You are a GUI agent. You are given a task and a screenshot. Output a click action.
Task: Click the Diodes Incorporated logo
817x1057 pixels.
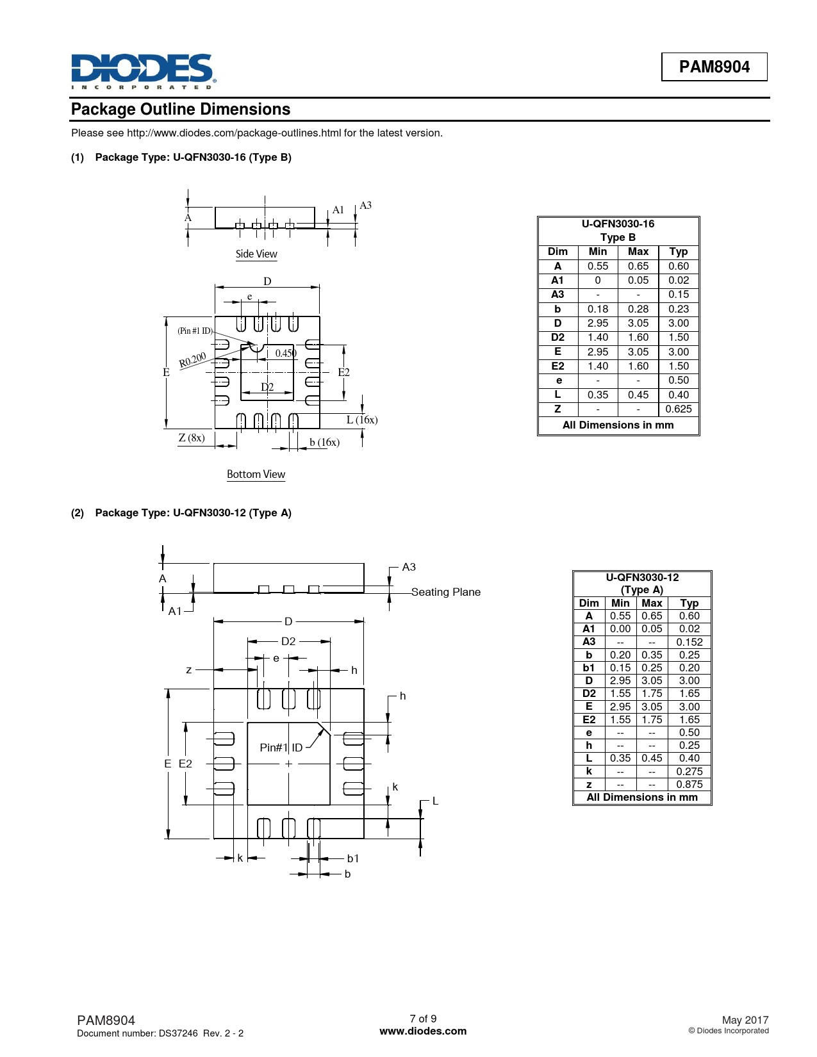[143, 70]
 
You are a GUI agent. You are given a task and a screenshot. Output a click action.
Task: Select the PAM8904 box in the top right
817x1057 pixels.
[714, 67]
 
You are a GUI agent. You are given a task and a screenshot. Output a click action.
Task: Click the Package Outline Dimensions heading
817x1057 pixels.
[181, 110]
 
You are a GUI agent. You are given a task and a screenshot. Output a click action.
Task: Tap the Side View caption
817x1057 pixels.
[256, 254]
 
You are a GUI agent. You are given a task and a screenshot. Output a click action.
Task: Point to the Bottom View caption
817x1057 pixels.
[256, 475]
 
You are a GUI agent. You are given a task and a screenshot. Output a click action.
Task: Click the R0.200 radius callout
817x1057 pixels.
[192, 360]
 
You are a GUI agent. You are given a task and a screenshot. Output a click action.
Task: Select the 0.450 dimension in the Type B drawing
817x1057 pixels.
[286, 353]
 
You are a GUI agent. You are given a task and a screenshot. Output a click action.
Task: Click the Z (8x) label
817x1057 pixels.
[192, 438]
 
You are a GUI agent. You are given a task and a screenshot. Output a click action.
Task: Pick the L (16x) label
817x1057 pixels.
[362, 420]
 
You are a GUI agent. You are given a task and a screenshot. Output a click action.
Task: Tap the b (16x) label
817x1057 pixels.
[324, 442]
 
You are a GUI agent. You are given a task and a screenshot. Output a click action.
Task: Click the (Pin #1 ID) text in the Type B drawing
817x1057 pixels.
[195, 331]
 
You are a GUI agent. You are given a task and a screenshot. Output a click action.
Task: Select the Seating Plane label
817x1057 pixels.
[446, 592]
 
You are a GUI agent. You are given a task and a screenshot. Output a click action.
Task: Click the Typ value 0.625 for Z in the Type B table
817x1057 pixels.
[679, 409]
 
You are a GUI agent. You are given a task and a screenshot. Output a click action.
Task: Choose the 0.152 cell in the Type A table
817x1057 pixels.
[689, 642]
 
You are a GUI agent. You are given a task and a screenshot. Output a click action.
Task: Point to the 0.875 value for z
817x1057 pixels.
[689, 784]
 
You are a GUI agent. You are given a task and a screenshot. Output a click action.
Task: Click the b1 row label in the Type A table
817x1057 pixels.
[589, 668]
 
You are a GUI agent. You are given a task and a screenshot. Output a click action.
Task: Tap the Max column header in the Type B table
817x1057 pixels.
[638, 252]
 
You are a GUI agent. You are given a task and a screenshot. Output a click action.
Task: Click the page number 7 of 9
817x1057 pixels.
[423, 1019]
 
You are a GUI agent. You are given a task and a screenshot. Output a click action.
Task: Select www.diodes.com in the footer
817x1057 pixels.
[423, 1031]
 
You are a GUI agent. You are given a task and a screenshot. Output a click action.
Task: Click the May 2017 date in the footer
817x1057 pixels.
[745, 1020]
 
